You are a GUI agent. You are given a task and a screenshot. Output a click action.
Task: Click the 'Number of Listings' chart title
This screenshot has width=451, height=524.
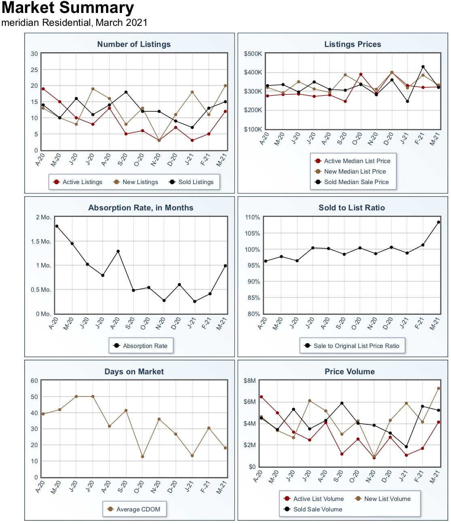(134, 44)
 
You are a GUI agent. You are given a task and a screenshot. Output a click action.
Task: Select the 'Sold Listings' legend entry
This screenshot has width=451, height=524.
(191, 182)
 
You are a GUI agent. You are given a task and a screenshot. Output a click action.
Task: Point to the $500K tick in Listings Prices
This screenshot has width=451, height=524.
(253, 54)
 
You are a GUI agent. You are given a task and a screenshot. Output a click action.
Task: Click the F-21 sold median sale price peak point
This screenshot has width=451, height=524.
(423, 67)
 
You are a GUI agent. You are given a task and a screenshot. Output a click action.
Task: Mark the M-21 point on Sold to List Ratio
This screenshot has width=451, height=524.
(438, 222)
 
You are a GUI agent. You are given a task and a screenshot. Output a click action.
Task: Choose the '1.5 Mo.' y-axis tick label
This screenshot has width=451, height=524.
(41, 241)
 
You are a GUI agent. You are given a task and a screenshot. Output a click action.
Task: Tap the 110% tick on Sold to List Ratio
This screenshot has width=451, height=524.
(252, 217)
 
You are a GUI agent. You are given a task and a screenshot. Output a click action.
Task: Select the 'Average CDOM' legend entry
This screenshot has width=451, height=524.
(134, 509)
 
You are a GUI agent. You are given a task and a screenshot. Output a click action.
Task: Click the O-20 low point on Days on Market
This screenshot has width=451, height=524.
(143, 456)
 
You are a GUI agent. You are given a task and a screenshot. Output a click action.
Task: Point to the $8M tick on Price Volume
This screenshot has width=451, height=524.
(250, 380)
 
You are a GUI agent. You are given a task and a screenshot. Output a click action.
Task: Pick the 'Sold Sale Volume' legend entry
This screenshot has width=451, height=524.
(313, 509)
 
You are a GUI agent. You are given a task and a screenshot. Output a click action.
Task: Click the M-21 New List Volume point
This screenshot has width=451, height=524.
(438, 388)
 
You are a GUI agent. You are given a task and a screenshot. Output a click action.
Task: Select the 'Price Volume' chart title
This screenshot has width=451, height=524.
(349, 371)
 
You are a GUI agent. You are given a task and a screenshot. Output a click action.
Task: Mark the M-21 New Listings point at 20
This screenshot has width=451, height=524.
(225, 86)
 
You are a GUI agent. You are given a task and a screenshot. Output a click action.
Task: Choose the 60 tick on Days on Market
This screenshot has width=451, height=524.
(34, 380)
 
